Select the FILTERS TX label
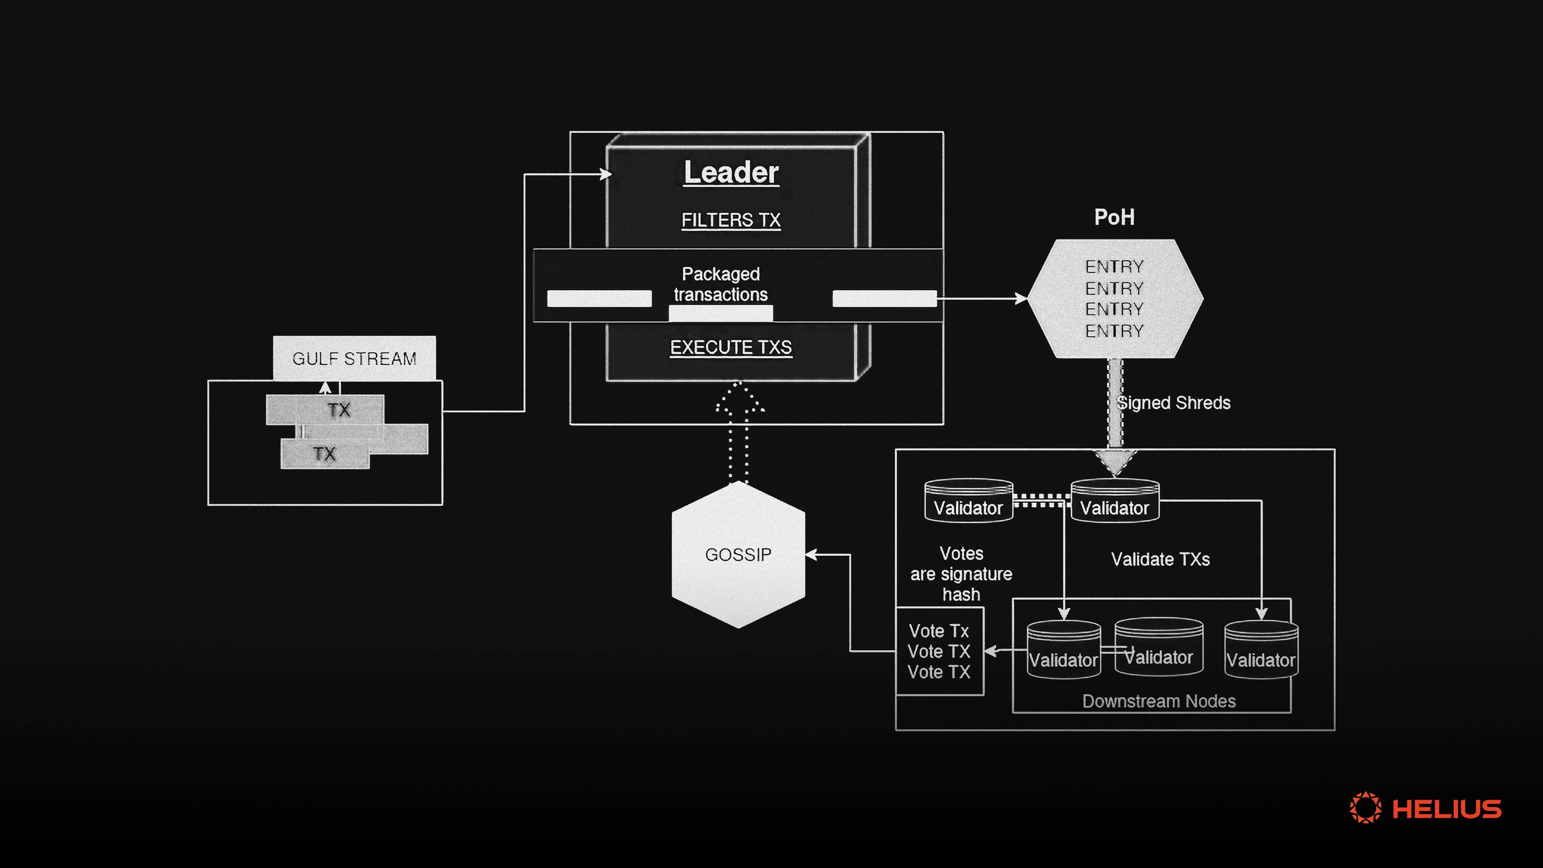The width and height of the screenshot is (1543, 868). (x=731, y=220)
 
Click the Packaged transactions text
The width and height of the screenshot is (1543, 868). (x=720, y=284)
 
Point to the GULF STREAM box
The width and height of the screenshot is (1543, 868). (x=354, y=358)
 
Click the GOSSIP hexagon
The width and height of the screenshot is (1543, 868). (x=738, y=555)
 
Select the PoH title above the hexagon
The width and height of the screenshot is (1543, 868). (x=1114, y=217)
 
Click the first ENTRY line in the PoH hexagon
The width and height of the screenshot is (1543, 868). (x=1114, y=266)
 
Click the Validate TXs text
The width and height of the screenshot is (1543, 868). (x=1160, y=559)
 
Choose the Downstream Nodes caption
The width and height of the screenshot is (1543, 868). (x=1158, y=701)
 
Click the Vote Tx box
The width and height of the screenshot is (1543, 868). (x=939, y=651)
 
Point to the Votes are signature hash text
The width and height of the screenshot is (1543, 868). (x=961, y=573)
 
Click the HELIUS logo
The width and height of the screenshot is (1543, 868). (x=1426, y=809)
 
